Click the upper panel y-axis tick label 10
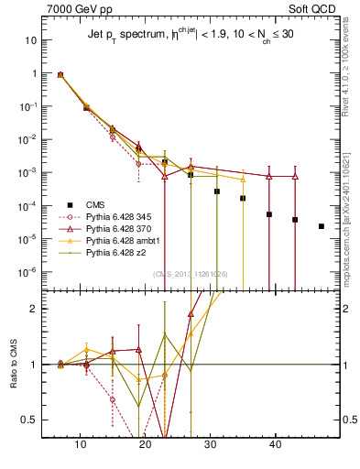pos(32,40)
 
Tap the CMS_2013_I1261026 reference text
pos(190,274)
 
